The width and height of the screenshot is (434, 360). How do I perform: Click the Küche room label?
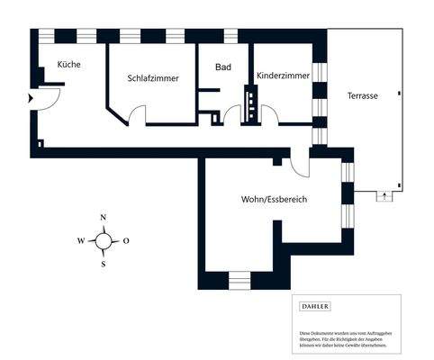[69, 64]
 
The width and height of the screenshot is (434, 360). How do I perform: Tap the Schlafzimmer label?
[152, 78]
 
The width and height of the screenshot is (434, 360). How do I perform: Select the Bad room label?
[223, 67]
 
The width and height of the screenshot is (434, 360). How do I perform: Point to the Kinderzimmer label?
[284, 76]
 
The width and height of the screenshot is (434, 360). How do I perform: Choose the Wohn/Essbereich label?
[274, 198]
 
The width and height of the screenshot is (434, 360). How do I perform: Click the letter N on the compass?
[104, 218]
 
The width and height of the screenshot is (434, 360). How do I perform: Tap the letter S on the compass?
[104, 264]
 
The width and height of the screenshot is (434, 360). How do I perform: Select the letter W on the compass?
[81, 240]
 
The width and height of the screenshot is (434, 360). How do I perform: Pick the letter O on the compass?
[126, 240]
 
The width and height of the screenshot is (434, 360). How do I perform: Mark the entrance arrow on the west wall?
[32, 97]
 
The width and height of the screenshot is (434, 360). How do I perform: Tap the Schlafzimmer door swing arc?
[136, 114]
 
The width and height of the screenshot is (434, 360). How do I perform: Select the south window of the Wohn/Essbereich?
[240, 281]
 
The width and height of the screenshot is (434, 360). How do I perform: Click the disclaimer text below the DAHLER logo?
[346, 338]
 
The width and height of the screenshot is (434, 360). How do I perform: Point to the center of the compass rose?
[104, 240]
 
